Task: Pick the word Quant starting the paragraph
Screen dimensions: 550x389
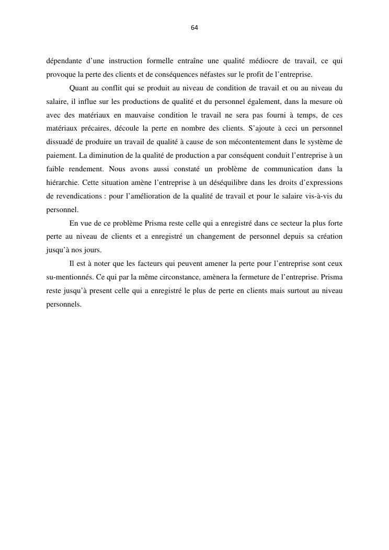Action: coord(79,88)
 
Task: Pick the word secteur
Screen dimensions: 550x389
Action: coord(282,223)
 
